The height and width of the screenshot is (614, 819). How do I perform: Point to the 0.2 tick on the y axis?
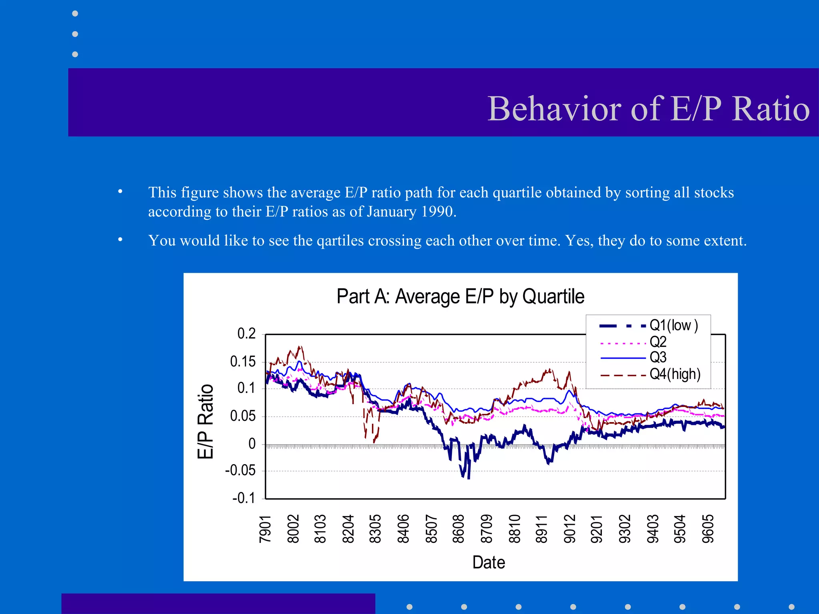[246, 333]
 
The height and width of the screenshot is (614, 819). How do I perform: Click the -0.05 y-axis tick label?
[240, 470]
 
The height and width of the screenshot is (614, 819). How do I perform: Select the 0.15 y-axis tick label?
[243, 361]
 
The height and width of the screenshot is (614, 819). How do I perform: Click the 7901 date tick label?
[265, 529]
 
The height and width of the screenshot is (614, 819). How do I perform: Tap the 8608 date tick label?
[458, 529]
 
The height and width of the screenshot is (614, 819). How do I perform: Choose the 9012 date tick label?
[569, 529]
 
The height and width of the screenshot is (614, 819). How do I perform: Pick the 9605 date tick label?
[708, 529]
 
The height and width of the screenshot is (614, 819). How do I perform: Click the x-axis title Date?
[488, 562]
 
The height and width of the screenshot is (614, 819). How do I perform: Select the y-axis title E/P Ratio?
[206, 421]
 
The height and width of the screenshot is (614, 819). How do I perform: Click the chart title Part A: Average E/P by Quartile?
[460, 297]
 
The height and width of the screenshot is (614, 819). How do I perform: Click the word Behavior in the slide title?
[554, 109]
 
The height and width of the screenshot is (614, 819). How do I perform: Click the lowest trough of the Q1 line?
[468, 478]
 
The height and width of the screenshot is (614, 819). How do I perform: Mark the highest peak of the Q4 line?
[300, 347]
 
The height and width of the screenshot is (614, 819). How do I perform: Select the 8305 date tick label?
[375, 529]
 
